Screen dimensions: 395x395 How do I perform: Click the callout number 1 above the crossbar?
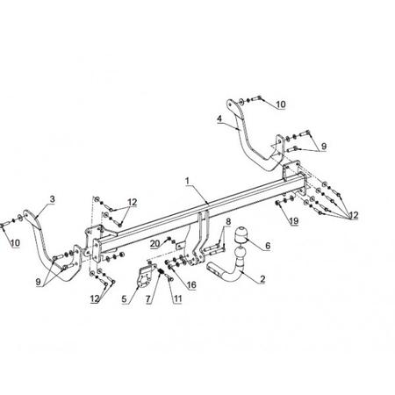[x=187, y=181]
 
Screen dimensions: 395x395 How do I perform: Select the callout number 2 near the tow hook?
[x=262, y=279]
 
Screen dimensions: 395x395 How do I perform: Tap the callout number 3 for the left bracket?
[x=52, y=199]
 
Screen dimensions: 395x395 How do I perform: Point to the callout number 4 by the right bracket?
[x=219, y=119]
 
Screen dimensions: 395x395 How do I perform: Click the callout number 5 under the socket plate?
[x=125, y=299]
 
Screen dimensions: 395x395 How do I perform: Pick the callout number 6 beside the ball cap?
[x=268, y=246]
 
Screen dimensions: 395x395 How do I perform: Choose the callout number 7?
[x=148, y=299]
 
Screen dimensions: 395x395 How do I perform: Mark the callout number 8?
[x=228, y=221]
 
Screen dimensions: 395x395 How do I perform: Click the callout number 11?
[x=177, y=299]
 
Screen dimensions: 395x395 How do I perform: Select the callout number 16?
[x=191, y=284]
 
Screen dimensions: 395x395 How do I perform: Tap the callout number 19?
[x=294, y=221]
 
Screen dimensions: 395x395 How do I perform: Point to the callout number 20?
[x=155, y=243]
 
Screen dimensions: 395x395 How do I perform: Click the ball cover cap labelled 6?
[x=241, y=233]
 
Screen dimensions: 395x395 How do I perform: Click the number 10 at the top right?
[x=281, y=104]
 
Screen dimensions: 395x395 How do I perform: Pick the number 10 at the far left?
[x=15, y=242]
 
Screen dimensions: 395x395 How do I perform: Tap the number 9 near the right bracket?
[x=324, y=146]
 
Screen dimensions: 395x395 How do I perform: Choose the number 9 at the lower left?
[x=39, y=282]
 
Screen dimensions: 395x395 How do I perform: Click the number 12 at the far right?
[x=354, y=216]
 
